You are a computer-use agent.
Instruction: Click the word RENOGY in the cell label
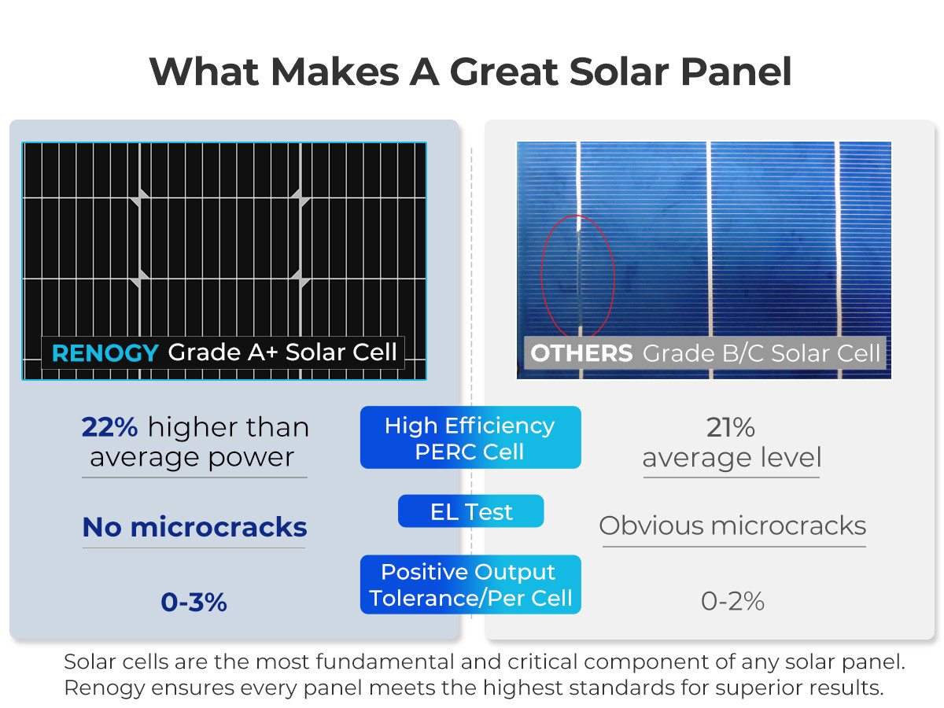point(105,353)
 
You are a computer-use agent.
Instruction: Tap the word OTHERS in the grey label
point(581,353)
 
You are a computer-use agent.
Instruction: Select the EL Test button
point(470,511)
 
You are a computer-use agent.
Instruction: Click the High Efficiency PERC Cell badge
point(470,437)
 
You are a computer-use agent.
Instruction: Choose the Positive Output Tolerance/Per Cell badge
point(470,584)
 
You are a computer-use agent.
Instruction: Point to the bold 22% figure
point(109,427)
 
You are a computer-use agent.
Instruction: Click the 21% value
point(730,427)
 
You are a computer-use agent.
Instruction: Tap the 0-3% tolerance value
point(194,602)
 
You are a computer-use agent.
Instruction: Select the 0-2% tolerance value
point(732,601)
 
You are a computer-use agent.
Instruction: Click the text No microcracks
point(194,527)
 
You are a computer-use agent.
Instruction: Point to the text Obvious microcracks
point(732,525)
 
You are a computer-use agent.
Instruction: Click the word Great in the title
point(504,72)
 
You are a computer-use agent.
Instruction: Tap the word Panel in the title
point(736,72)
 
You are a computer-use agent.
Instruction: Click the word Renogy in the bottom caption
point(105,688)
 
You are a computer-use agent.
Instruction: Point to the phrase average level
point(732,457)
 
